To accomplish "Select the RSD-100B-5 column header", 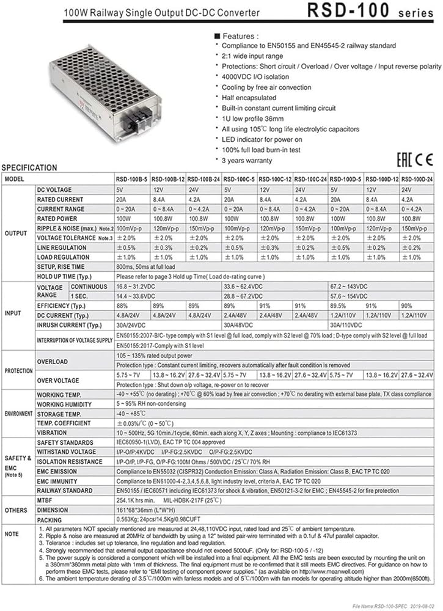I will [132, 180].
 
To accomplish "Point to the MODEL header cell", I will [16, 180].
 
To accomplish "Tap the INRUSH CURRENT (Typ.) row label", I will [68, 324].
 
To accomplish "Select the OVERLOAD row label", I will [52, 362].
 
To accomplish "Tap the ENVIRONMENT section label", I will [18, 414].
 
